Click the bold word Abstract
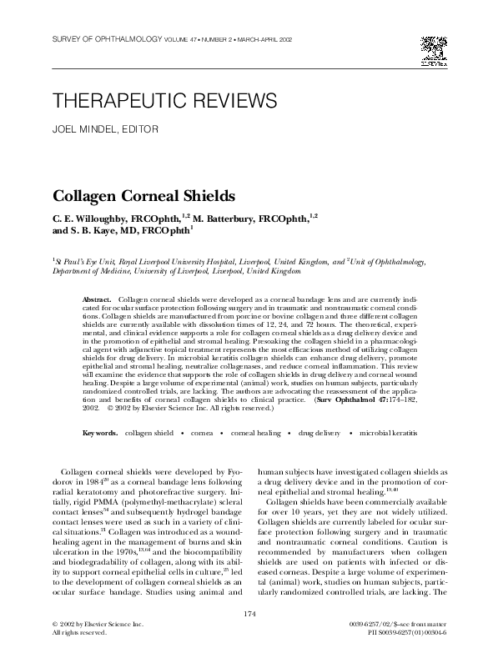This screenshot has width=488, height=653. (x=98, y=299)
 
